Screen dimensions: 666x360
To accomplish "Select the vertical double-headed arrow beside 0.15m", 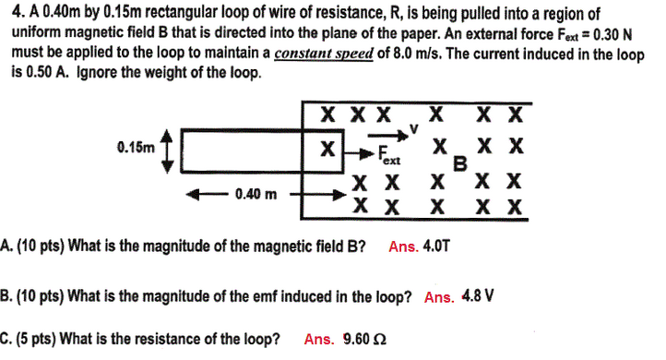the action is [167, 149].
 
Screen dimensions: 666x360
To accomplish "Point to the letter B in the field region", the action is [458, 163].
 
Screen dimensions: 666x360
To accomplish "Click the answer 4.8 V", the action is [478, 297].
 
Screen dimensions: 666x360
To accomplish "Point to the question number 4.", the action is [8, 14].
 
